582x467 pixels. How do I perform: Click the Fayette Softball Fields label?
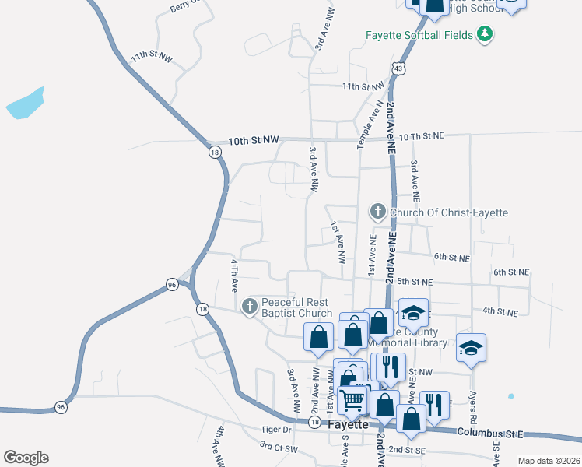pos(419,34)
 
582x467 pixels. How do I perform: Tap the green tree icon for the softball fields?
pos(486,33)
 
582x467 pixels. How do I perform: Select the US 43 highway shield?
pos(398,68)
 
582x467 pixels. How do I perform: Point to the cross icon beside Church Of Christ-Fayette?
pos(377,212)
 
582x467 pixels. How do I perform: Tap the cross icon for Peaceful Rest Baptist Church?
pos(250,307)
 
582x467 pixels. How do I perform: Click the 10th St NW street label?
pos(253,141)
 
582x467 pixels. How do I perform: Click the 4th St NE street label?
pos(500,311)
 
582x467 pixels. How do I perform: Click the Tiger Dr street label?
pos(275,429)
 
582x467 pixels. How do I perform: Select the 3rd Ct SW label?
pos(279,447)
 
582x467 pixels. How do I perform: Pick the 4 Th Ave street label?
pos(233,276)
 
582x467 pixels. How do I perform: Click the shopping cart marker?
pos(352,400)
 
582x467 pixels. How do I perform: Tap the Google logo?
pos(26,458)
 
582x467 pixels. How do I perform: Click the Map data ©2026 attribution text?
pos(549,461)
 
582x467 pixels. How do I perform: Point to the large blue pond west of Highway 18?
pos(24,104)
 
